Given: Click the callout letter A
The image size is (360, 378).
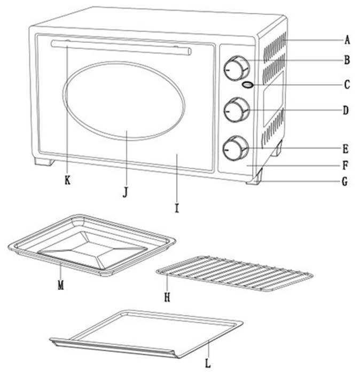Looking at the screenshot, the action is tap(347, 40).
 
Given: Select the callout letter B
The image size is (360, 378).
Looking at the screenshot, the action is tap(347, 60).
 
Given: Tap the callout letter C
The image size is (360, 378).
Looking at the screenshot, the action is tap(347, 84).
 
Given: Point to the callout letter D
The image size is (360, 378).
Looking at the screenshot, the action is tap(346, 111).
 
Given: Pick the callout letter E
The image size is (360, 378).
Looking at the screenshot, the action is tap(346, 149).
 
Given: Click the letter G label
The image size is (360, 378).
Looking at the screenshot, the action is tap(345, 182).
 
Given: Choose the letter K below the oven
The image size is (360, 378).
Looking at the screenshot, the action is tap(67, 180).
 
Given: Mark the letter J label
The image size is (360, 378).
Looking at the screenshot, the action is tap(125, 193).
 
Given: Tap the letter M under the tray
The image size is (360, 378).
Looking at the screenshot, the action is tap(61, 286).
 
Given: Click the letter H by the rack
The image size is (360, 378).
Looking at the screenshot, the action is tap(167, 297).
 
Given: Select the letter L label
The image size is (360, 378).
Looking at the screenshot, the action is tap(208, 363).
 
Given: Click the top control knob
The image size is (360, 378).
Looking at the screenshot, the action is tap(237, 68).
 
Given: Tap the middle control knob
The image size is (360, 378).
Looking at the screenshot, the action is tap(237, 110).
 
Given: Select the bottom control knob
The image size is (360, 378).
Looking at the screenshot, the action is tap(236, 148).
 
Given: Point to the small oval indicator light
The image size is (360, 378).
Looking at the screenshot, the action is tap(248, 85).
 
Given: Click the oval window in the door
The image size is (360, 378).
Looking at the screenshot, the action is tap(124, 101).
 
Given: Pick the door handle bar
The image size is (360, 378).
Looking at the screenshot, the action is tap(121, 48).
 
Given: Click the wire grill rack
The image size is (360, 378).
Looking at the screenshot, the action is tap(234, 274).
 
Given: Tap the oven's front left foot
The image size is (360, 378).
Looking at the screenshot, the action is tap(44, 162).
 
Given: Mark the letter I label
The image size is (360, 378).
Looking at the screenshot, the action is tap(177, 208).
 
